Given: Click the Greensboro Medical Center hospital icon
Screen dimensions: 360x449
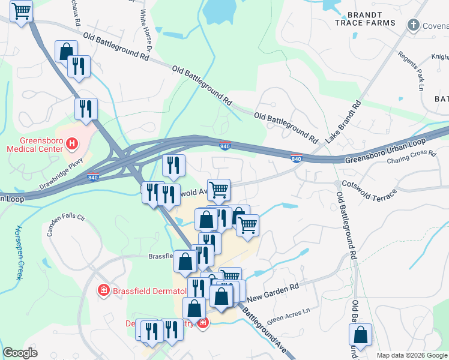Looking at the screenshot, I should [x=71, y=143].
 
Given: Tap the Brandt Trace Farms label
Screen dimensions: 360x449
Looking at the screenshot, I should [x=366, y=18].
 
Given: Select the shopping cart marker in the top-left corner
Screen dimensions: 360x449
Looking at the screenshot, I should [x=22, y=11].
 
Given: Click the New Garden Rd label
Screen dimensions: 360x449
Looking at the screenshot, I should [x=273, y=293].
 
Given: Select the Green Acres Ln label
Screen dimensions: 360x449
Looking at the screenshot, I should [x=289, y=315].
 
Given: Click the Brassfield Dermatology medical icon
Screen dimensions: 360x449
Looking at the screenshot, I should [x=104, y=290].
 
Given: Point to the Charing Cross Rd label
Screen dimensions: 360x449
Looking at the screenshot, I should [x=411, y=157].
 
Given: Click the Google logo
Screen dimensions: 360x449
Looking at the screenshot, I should [x=20, y=353].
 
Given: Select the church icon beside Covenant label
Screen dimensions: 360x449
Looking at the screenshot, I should [x=413, y=25].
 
